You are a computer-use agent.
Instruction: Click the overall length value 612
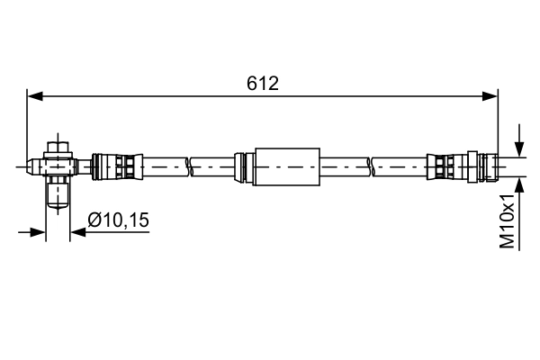pyautogui.click(x=263, y=84)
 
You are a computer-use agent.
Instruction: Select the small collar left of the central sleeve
pyautogui.click(x=241, y=166)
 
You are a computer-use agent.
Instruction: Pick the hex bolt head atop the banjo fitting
pyautogui.click(x=58, y=146)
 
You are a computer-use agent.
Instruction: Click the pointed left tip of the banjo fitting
pyautogui.click(x=30, y=166)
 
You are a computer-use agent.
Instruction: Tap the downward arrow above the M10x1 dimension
pyautogui.click(x=519, y=148)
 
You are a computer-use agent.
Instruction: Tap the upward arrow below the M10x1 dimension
pyautogui.click(x=519, y=184)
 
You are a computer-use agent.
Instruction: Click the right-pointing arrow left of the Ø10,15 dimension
pyautogui.click(x=38, y=232)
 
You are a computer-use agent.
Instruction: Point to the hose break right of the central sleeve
pyautogui.click(x=370, y=166)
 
